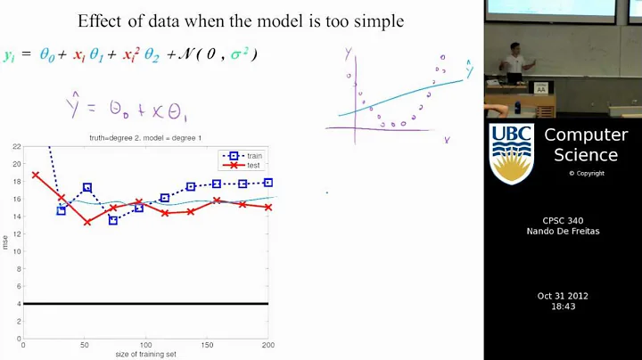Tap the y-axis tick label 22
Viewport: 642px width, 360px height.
pos(16,146)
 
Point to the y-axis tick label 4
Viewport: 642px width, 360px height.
pos(18,305)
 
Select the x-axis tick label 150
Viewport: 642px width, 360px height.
pos(207,346)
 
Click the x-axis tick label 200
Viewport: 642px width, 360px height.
pos(267,346)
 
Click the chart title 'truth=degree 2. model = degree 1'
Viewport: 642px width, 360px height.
pos(146,136)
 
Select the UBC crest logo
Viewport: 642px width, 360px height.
pos(511,153)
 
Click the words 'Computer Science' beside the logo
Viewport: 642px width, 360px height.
pos(586,144)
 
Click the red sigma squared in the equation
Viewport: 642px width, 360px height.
pos(239,55)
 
